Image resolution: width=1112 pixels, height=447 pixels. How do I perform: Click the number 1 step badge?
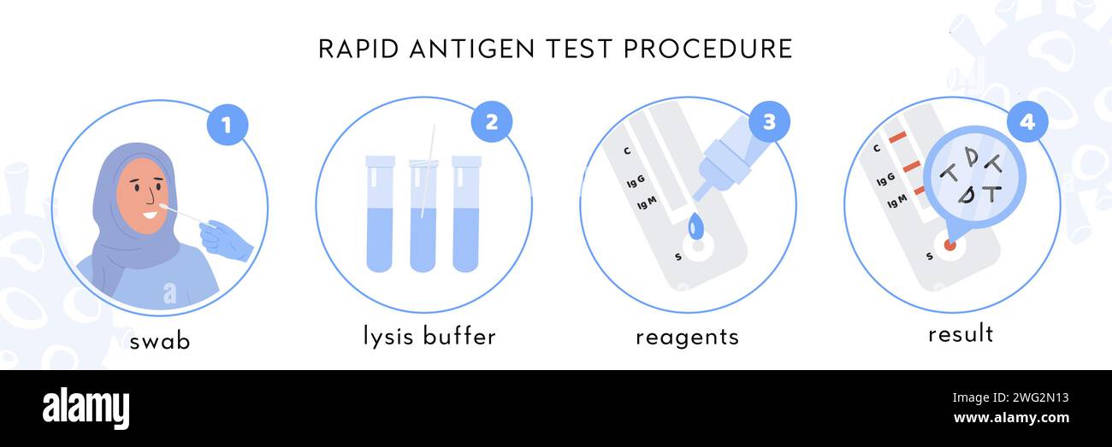click(227, 126)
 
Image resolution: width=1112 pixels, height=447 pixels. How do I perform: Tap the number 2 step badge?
click(492, 121)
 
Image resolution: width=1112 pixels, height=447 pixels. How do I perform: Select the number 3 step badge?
click(769, 121)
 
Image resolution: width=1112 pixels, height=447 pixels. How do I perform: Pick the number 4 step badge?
click(1026, 121)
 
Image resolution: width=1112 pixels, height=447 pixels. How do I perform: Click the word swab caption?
click(160, 341)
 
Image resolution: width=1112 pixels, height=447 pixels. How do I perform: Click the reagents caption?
click(687, 337)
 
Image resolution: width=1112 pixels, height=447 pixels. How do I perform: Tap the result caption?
click(961, 333)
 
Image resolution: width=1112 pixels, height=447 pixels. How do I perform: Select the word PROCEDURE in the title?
click(708, 49)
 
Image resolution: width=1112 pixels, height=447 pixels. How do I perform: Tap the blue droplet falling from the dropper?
click(695, 226)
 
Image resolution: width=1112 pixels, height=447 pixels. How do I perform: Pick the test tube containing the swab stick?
click(423, 214)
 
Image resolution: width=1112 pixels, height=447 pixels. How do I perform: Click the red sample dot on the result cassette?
click(949, 244)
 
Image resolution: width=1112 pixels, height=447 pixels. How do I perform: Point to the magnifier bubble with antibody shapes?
click(973, 177)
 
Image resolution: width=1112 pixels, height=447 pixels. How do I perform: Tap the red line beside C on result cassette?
click(896, 138)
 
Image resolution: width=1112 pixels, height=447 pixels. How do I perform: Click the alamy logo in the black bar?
click(86, 408)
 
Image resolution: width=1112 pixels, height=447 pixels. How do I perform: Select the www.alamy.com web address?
click(1010, 418)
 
